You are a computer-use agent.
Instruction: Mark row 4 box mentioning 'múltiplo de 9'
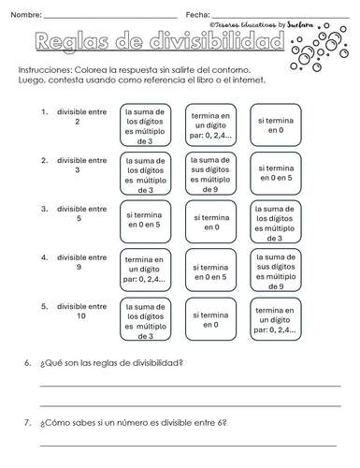(274, 271)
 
